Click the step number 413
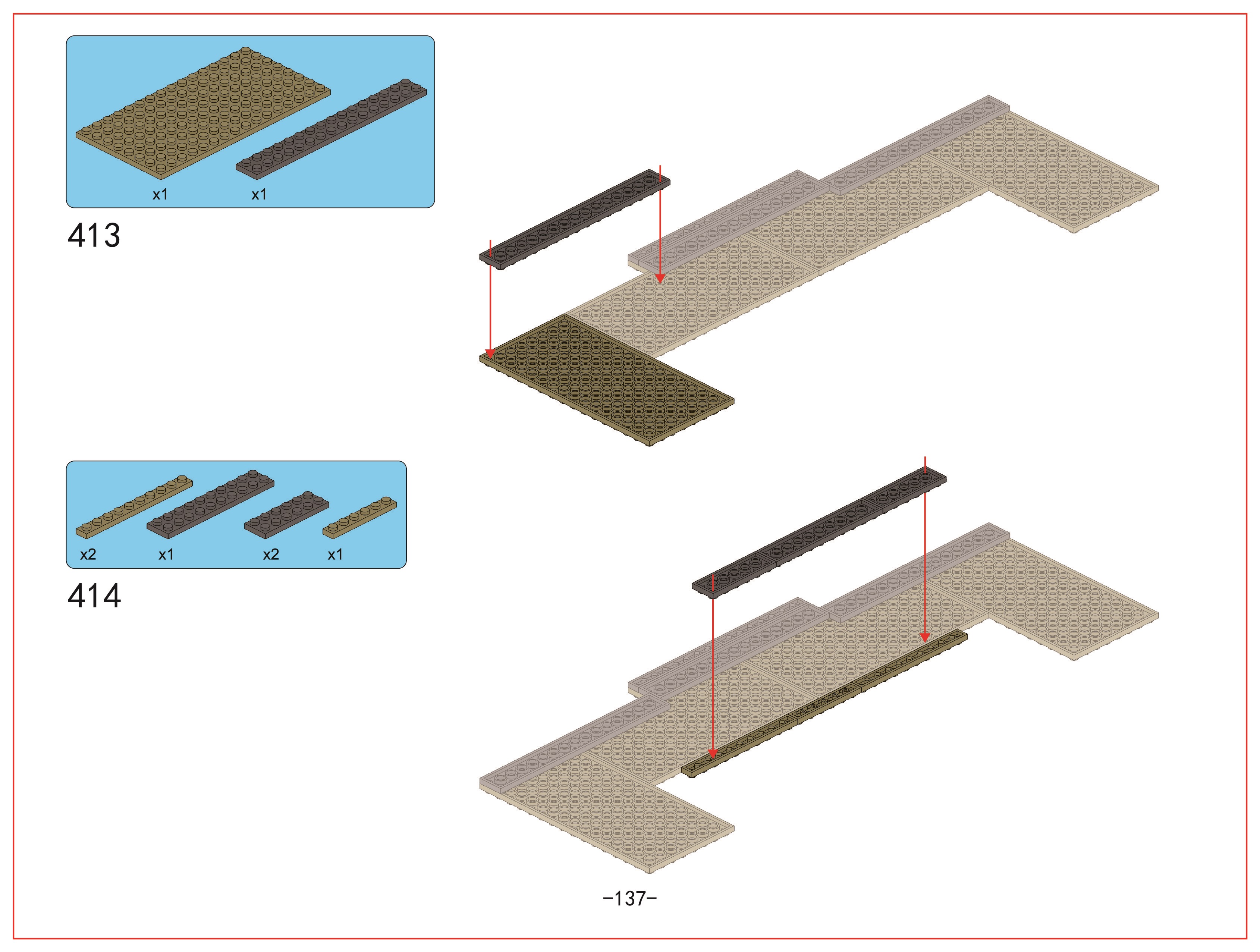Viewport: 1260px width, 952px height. (x=94, y=235)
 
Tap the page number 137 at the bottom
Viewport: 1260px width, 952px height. (x=630, y=898)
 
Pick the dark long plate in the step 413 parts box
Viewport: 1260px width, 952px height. (x=332, y=129)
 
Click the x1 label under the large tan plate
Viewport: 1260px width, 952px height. (x=160, y=195)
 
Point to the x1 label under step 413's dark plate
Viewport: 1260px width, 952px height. (x=259, y=195)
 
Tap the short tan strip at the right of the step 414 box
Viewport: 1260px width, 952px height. (x=360, y=517)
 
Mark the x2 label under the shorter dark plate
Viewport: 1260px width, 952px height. (x=271, y=554)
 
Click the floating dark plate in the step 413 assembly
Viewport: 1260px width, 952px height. (x=575, y=219)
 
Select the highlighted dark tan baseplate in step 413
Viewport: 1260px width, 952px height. (x=607, y=380)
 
